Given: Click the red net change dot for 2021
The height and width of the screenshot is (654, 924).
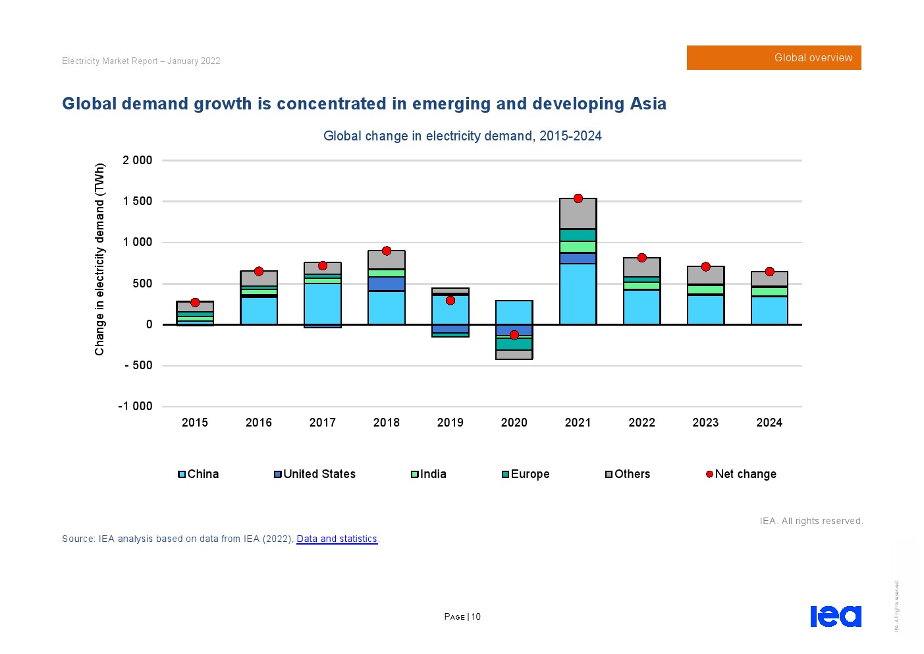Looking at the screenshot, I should [578, 198].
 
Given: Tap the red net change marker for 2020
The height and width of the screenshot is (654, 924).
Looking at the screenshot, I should [514, 335].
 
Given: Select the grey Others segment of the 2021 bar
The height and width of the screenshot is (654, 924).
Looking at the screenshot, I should [578, 214].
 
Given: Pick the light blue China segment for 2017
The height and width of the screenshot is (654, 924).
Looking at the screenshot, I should [323, 303].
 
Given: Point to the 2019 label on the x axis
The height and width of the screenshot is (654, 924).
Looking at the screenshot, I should [450, 423].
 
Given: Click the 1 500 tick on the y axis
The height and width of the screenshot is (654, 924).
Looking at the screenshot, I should [138, 201].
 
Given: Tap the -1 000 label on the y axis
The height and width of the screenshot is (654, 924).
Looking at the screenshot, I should [135, 406].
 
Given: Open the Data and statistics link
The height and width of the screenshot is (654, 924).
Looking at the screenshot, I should [337, 539].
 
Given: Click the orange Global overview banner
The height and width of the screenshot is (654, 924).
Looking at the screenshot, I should [774, 58].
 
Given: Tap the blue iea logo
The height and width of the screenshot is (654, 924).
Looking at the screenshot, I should [835, 616].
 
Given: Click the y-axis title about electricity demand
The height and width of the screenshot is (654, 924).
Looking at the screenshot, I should [100, 259].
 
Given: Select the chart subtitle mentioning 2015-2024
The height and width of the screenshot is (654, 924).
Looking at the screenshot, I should [462, 136].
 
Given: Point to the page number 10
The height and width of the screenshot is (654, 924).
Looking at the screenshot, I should [476, 616].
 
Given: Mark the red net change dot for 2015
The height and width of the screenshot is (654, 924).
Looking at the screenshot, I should [195, 303].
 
